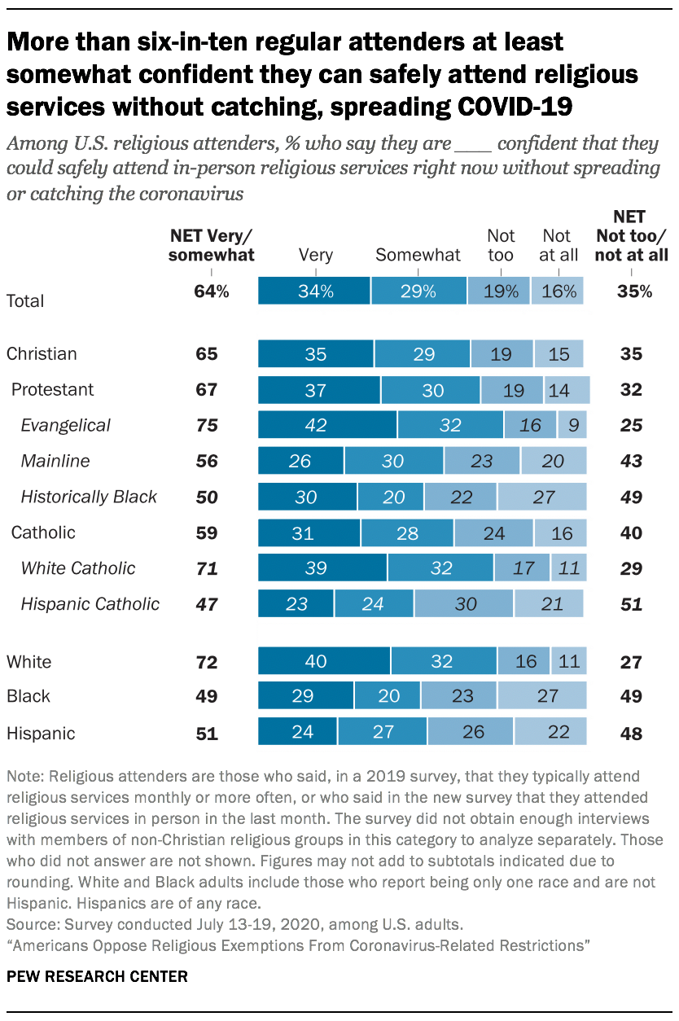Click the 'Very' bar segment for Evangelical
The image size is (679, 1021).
(x=327, y=425)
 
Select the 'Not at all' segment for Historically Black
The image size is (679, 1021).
(x=541, y=497)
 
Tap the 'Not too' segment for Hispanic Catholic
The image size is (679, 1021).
(x=463, y=604)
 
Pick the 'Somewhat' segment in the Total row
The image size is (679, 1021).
(x=418, y=291)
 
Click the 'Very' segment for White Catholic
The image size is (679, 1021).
(x=322, y=568)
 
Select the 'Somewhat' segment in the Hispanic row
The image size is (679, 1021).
(x=383, y=731)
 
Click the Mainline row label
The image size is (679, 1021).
(x=55, y=461)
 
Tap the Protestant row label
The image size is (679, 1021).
(x=52, y=389)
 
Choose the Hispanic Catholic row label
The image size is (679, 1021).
(x=90, y=604)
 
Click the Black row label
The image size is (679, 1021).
(x=28, y=696)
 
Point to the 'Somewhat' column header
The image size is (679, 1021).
(x=418, y=255)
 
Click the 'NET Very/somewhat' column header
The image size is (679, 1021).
(x=212, y=245)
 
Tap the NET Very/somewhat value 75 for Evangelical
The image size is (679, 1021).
(x=206, y=425)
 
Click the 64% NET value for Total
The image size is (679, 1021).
(x=212, y=291)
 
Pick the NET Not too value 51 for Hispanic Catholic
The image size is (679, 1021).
(x=630, y=604)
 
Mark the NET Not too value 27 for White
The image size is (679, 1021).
(x=630, y=661)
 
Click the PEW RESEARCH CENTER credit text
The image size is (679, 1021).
(x=97, y=975)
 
